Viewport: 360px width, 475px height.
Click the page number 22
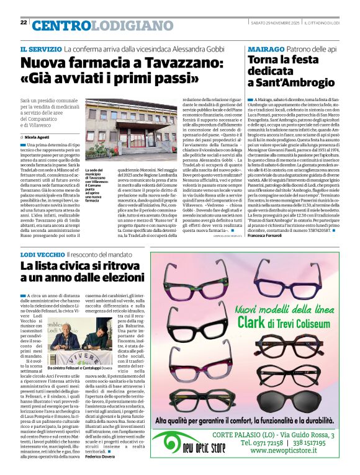pyautogui.click(x=24, y=22)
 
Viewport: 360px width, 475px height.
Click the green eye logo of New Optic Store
pyautogui.click(x=192, y=445)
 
